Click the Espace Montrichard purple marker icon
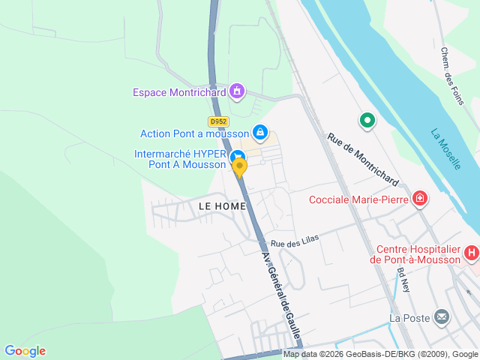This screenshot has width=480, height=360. [237, 91]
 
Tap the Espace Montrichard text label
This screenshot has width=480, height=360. [179, 92]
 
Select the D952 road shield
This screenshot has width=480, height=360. [218, 121]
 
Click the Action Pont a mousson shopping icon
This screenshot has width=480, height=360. [259, 133]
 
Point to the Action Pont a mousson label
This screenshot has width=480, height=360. [194, 133]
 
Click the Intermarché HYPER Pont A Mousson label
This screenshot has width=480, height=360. [180, 159]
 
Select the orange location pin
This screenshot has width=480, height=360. [240, 167]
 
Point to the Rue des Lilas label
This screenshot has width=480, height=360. [295, 241]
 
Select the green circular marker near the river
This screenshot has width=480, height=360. [367, 119]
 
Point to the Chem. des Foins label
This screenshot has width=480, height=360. [454, 73]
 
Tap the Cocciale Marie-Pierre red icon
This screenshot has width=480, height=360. [420, 199]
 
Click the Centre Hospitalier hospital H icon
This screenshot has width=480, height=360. [471, 253]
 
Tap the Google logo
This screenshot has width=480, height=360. [25, 351]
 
